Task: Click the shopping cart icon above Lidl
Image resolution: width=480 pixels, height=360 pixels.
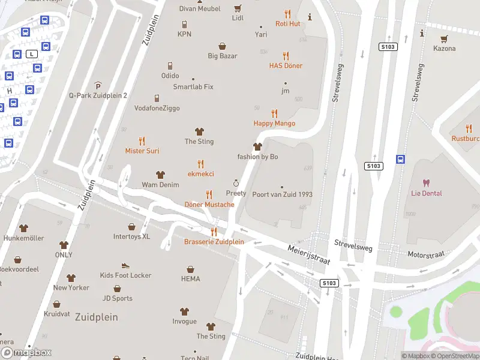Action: point(238,8)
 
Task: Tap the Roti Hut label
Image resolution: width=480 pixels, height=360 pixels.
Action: point(287,23)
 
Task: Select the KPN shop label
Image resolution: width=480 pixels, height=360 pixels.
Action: point(184,34)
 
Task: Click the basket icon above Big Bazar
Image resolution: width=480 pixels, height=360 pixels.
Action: point(223,46)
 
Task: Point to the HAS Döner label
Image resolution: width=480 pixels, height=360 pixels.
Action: point(286,65)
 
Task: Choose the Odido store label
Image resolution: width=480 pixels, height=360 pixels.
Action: point(170,76)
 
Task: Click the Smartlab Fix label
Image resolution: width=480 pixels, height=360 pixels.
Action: point(193,87)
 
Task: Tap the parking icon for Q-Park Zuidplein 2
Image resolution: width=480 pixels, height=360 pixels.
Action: point(98,86)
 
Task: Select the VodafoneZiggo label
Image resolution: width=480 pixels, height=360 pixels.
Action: point(157,108)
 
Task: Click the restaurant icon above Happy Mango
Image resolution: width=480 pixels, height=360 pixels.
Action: point(274,113)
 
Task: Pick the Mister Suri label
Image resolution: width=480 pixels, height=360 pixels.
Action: point(142,151)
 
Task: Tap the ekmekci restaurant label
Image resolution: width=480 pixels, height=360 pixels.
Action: point(200,173)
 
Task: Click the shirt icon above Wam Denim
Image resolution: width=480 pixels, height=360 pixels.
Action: point(160,175)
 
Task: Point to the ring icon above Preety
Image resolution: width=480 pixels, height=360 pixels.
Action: point(236,183)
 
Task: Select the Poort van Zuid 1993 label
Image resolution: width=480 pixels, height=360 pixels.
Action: point(282,194)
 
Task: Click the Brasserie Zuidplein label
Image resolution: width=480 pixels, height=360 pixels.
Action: point(214,242)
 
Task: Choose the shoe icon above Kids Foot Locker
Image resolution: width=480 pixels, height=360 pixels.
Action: point(125,265)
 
